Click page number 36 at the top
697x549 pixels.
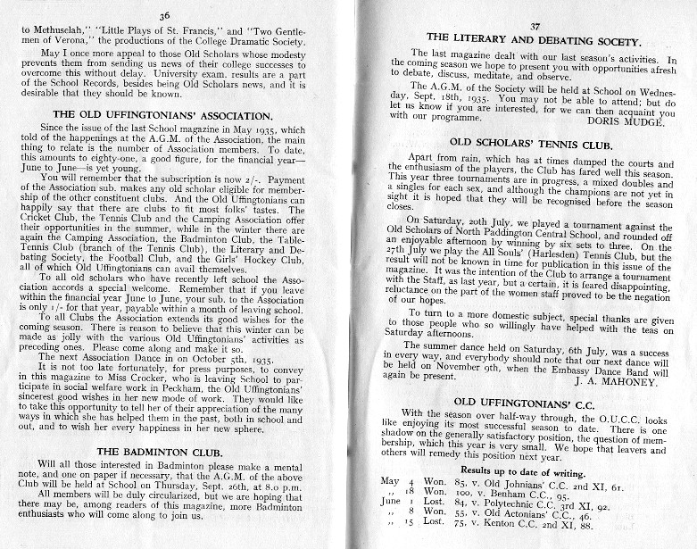click(x=163, y=15)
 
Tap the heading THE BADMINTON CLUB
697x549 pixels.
click(x=164, y=452)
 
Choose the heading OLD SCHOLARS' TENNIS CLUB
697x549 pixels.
click(x=536, y=142)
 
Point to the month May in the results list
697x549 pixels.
click(x=390, y=481)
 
